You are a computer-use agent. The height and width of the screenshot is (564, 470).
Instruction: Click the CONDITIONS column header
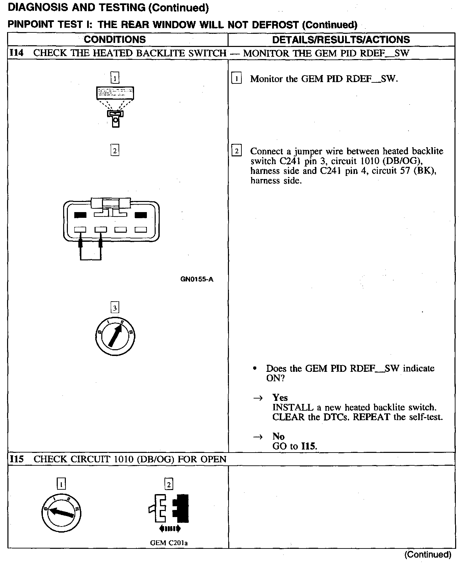click(115, 40)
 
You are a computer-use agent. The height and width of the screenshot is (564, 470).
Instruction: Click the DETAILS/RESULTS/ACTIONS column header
click(341, 40)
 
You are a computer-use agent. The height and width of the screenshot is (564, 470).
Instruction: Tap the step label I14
click(16, 53)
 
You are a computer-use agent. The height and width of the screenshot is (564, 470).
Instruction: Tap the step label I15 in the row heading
click(17, 459)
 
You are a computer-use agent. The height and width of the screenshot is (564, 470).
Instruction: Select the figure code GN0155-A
click(197, 279)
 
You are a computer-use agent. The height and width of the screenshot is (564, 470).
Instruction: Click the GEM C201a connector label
click(169, 543)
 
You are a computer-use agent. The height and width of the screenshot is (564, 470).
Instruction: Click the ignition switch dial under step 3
click(115, 336)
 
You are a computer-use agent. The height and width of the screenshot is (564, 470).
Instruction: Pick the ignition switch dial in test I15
click(61, 513)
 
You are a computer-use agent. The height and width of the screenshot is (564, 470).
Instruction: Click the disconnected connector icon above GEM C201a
click(168, 508)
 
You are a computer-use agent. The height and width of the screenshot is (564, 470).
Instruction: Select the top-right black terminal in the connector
click(141, 215)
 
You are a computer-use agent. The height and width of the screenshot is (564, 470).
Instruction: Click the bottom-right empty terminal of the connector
click(141, 230)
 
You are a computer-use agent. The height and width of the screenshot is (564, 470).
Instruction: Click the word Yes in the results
click(280, 398)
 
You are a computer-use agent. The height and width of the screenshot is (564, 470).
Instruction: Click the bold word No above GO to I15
click(278, 436)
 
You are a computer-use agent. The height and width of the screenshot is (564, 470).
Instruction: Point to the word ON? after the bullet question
click(276, 378)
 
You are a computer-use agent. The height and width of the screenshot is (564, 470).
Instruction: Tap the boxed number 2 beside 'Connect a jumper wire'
click(236, 151)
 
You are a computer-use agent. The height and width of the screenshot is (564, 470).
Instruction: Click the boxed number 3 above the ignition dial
click(115, 308)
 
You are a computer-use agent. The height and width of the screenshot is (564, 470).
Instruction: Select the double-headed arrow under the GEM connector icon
click(169, 529)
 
